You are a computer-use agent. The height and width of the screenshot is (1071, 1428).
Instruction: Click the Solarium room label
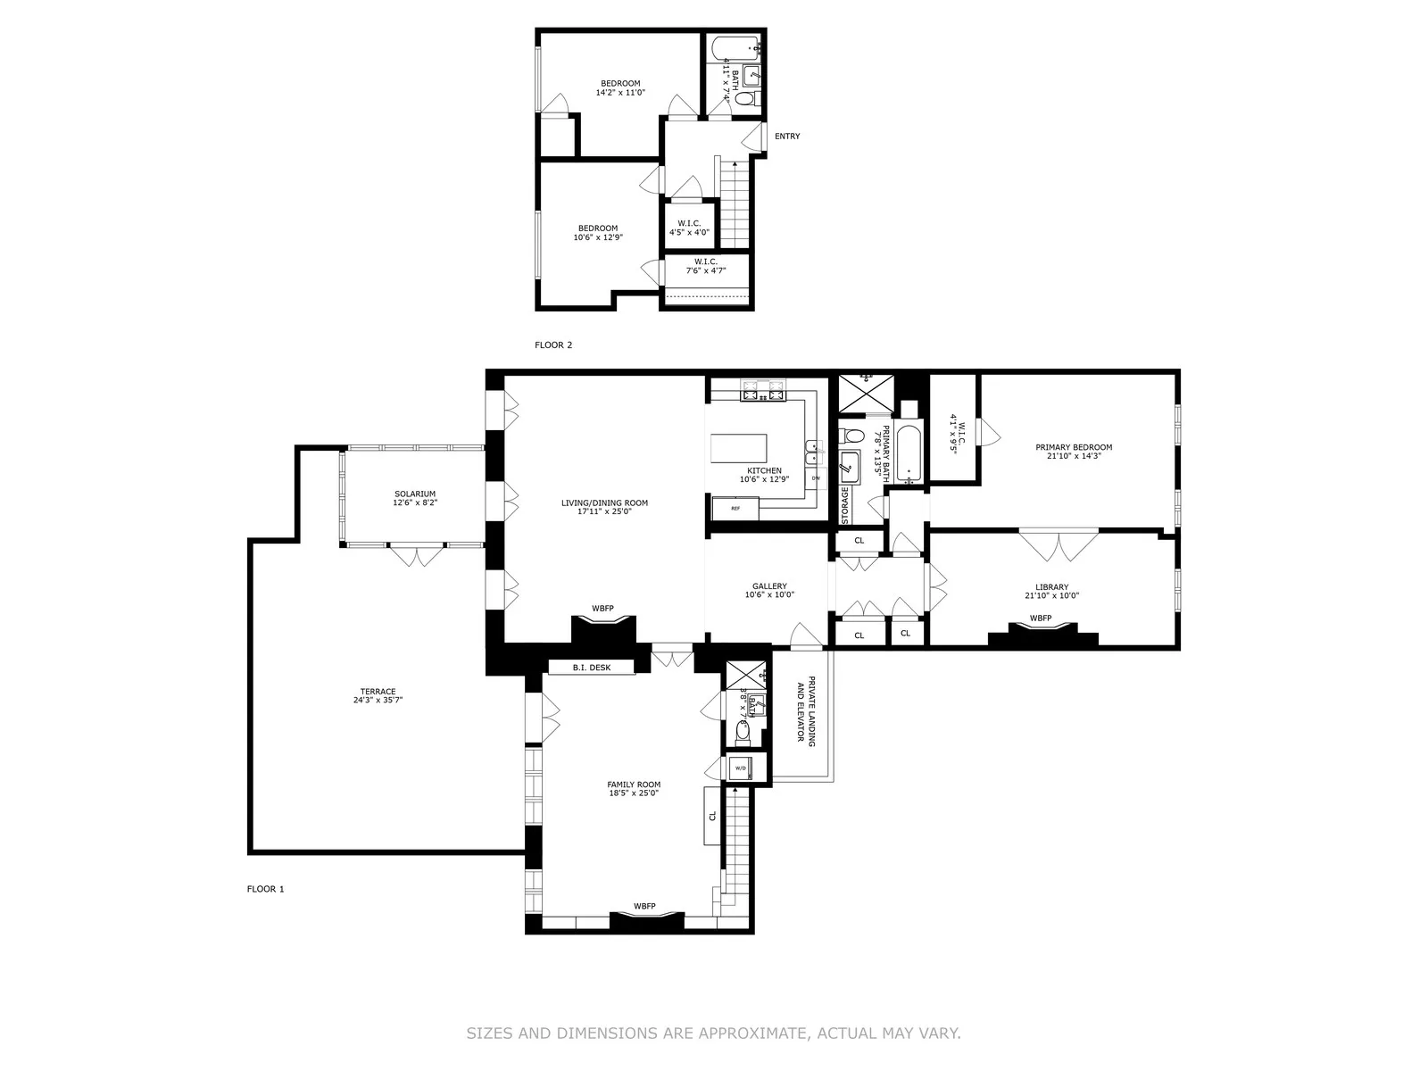(415, 498)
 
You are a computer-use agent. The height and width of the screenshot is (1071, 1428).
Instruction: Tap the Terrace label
(378, 696)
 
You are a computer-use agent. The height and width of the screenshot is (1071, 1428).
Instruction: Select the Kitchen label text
(764, 475)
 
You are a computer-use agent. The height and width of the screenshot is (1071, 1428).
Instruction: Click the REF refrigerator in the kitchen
(735, 509)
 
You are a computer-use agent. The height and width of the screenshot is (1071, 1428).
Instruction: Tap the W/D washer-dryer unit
(741, 768)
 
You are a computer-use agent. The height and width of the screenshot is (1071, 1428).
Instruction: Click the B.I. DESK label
(592, 667)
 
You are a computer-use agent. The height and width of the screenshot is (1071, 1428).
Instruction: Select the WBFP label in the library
(1041, 619)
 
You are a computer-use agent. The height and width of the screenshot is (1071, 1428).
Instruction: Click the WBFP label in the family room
(644, 907)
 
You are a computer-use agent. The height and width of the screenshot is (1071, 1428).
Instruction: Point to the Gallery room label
(768, 591)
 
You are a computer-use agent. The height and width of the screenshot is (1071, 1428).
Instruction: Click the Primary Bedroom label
(1074, 452)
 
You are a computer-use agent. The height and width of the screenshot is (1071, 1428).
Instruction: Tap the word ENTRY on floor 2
(787, 137)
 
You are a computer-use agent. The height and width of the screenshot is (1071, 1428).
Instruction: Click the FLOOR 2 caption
(553, 345)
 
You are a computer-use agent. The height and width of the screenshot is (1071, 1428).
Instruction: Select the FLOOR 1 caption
(265, 889)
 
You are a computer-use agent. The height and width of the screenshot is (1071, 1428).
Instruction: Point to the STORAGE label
(845, 505)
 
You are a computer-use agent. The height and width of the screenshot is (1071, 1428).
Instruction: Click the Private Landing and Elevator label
(806, 709)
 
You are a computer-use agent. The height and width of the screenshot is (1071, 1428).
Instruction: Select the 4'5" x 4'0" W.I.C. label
(689, 228)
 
